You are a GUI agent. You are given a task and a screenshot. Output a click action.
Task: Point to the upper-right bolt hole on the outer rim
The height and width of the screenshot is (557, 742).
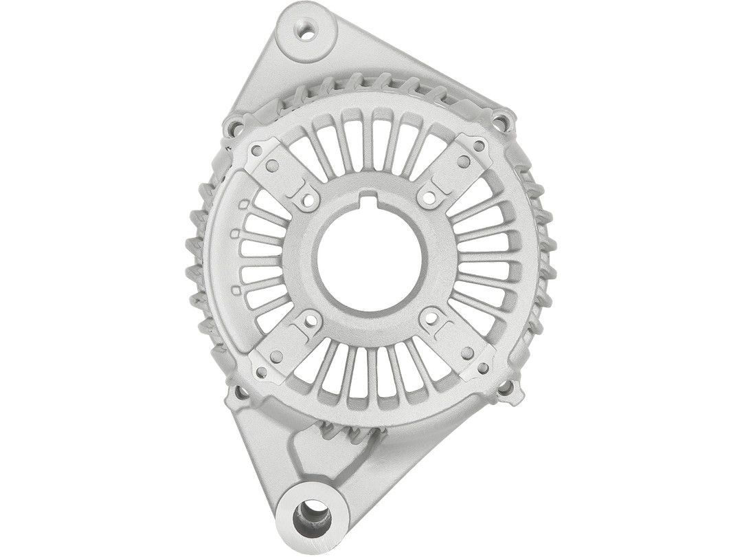point(503,120)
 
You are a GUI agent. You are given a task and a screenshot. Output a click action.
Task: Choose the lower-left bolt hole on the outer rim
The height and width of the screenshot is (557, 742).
point(240,395)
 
